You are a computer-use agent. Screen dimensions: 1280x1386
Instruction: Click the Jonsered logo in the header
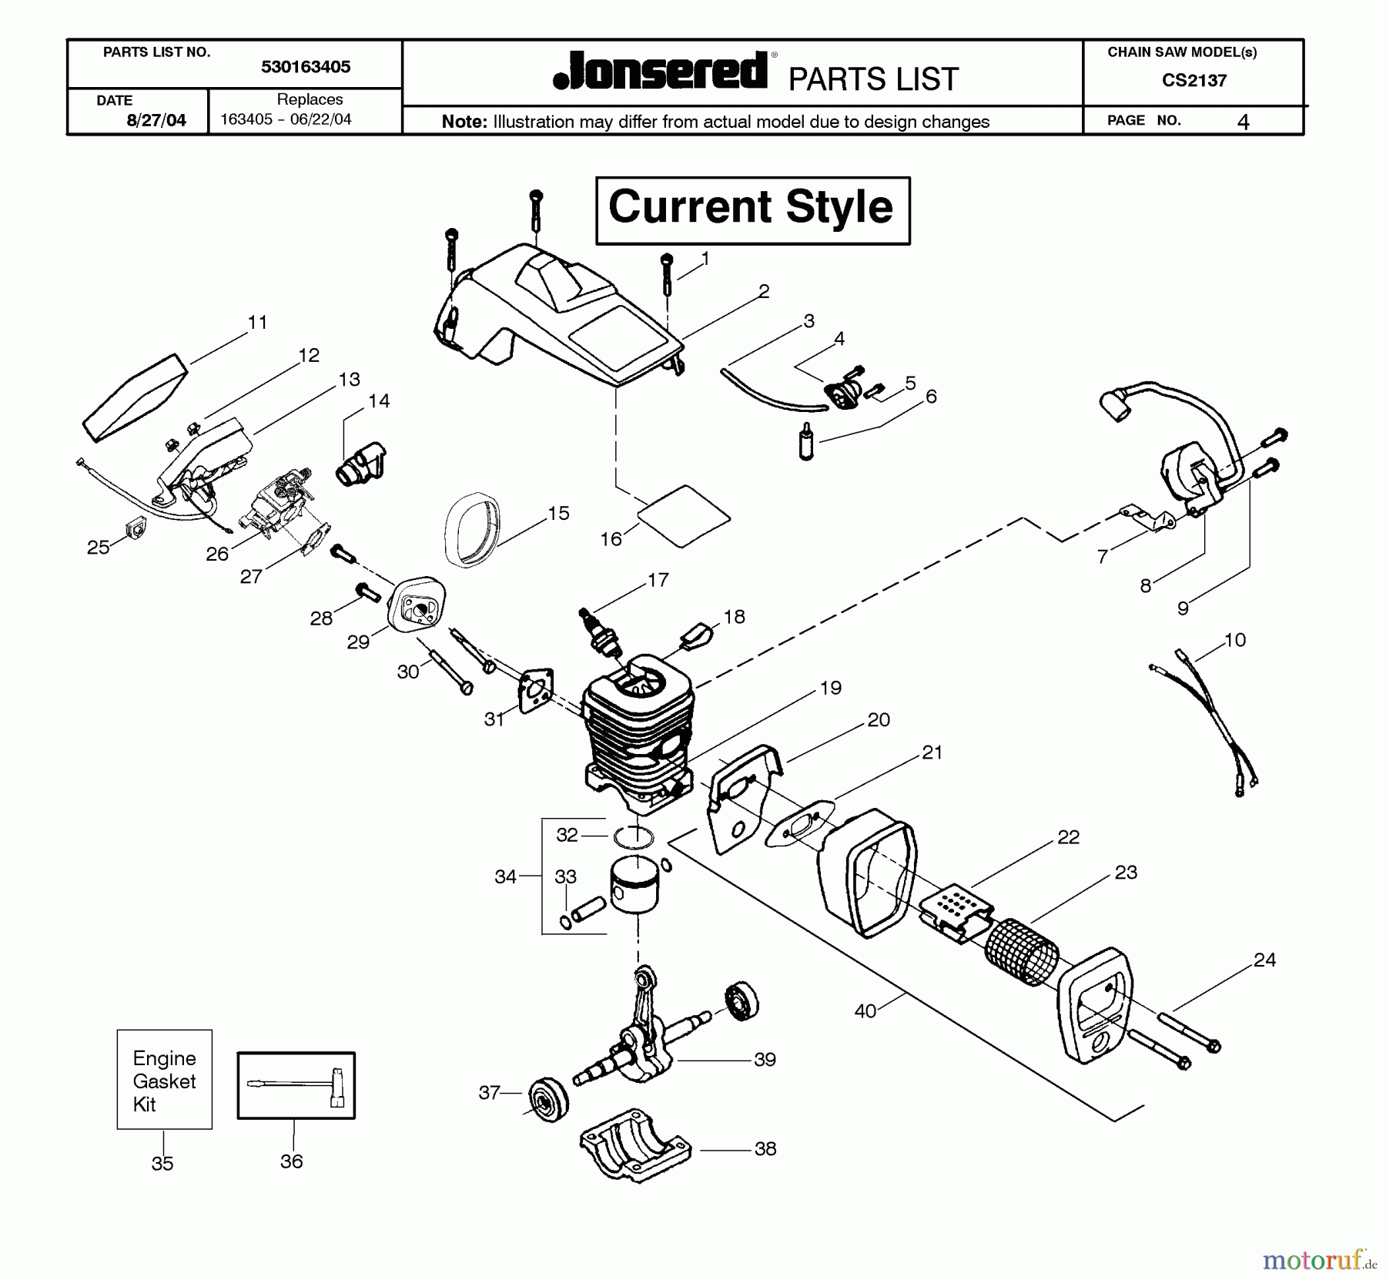pyautogui.click(x=660, y=72)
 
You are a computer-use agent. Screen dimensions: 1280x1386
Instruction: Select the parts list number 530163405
pyautogui.click(x=306, y=67)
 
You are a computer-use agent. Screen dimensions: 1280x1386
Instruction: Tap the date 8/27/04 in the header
pyautogui.click(x=156, y=120)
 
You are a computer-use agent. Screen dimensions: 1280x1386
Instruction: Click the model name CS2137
pyautogui.click(x=1194, y=80)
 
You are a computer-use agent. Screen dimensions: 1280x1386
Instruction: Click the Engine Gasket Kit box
pyautogui.click(x=164, y=1080)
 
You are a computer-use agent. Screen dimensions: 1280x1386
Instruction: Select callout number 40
pyautogui.click(x=865, y=1010)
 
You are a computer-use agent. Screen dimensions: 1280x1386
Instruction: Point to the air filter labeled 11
pyautogui.click(x=136, y=399)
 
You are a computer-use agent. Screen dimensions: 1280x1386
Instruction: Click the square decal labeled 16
pyautogui.click(x=684, y=515)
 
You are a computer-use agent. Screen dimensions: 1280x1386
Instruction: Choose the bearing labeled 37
pyautogui.click(x=548, y=1097)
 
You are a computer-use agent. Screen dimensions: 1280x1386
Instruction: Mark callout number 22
pyautogui.click(x=1068, y=837)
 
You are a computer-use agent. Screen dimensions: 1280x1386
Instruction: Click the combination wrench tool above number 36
pyautogui.click(x=296, y=1084)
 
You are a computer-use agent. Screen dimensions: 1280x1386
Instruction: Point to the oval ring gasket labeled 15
pyautogui.click(x=471, y=530)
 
